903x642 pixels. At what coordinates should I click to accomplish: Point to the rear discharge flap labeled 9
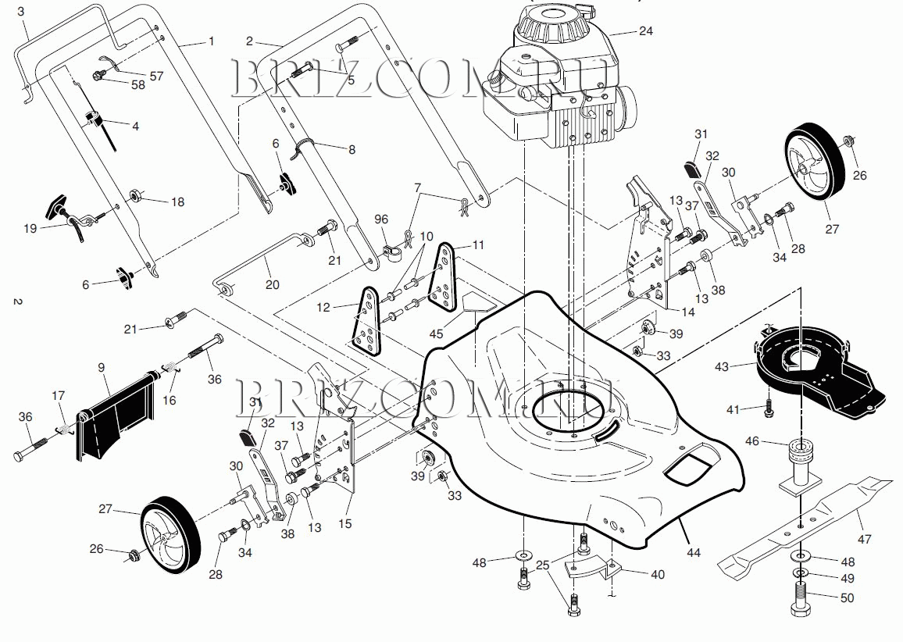(x=115, y=416)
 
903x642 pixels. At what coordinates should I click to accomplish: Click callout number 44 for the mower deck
(x=694, y=553)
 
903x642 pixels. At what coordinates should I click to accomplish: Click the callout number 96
(x=381, y=219)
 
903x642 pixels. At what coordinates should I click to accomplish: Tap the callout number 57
(x=156, y=76)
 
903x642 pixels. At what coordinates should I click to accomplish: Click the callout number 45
(x=437, y=333)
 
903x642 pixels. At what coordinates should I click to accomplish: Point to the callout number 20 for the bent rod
(x=273, y=284)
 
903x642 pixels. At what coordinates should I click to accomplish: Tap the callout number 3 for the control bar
(x=21, y=11)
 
